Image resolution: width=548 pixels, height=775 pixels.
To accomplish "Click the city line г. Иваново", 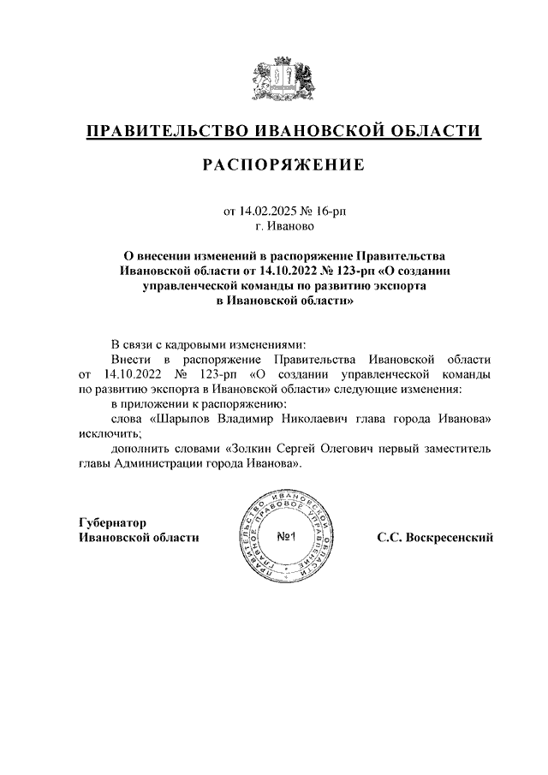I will tap(283, 227).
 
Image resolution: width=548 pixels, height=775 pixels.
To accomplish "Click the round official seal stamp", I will tap(286, 537).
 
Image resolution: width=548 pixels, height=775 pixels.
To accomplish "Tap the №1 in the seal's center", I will tap(286, 538).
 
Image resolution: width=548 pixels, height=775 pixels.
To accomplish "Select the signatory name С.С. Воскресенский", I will tap(435, 538).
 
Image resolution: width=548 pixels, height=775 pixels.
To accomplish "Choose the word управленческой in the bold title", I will tap(192, 286).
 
